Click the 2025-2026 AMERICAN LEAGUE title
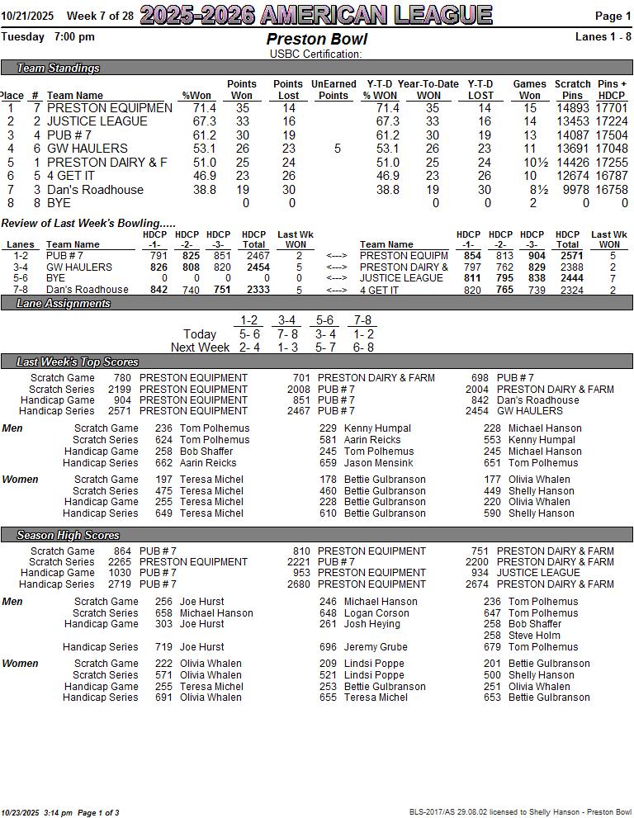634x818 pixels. (x=316, y=15)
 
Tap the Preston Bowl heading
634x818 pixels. (x=316, y=40)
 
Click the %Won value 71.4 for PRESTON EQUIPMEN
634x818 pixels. (x=204, y=108)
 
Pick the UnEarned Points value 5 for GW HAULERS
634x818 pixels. (x=337, y=149)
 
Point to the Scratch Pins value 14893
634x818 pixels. (x=573, y=108)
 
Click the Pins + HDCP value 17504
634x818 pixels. (x=612, y=135)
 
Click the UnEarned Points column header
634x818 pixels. (x=334, y=89)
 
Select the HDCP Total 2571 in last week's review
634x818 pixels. (x=567, y=256)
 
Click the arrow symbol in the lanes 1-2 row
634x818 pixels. (x=337, y=256)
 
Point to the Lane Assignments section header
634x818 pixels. (x=64, y=303)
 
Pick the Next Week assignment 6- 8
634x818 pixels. (x=362, y=348)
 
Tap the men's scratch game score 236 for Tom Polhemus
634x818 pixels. (x=163, y=428)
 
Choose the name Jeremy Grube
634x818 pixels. (x=376, y=647)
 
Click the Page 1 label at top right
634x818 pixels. (x=613, y=16)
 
